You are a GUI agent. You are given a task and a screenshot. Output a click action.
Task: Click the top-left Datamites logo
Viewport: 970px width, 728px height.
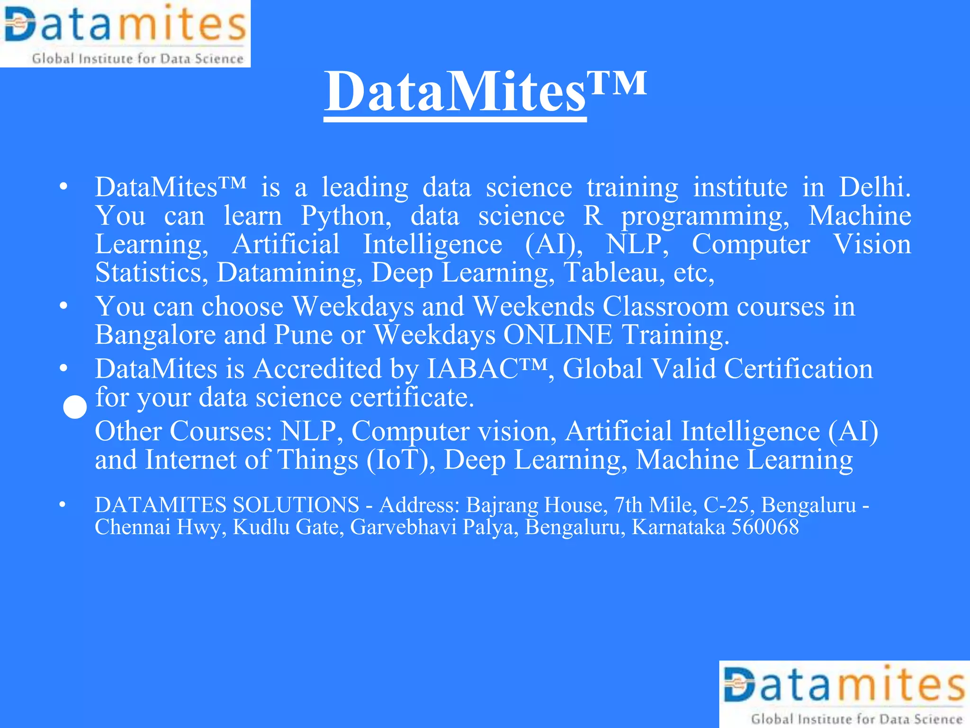(125, 34)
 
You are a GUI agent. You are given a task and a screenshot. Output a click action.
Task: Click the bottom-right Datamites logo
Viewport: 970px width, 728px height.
(844, 694)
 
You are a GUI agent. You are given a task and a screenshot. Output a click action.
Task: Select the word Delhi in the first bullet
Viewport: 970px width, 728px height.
(874, 187)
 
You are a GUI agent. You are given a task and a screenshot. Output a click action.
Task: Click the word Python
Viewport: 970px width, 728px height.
(346, 216)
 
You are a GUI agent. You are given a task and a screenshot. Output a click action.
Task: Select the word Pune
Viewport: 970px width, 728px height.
(303, 335)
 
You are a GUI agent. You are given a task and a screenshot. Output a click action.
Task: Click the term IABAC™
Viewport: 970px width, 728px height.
(487, 369)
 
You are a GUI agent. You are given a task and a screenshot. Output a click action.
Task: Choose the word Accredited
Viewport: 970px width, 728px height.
(317, 369)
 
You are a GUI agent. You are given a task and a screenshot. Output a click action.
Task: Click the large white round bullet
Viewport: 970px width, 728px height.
(75, 408)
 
